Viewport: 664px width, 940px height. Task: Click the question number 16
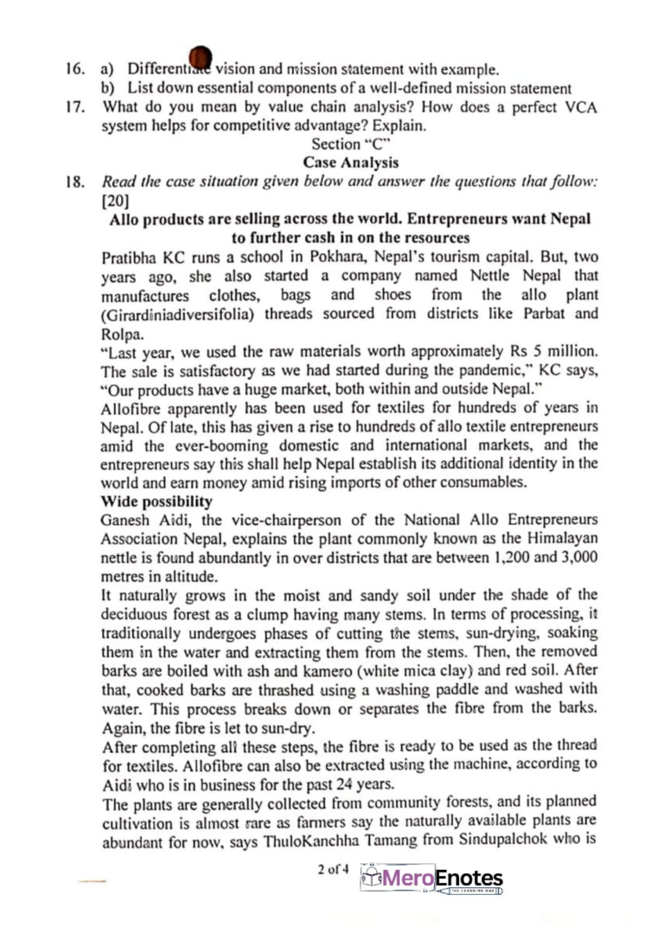point(79,67)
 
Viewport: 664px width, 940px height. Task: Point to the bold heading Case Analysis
point(350,162)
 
